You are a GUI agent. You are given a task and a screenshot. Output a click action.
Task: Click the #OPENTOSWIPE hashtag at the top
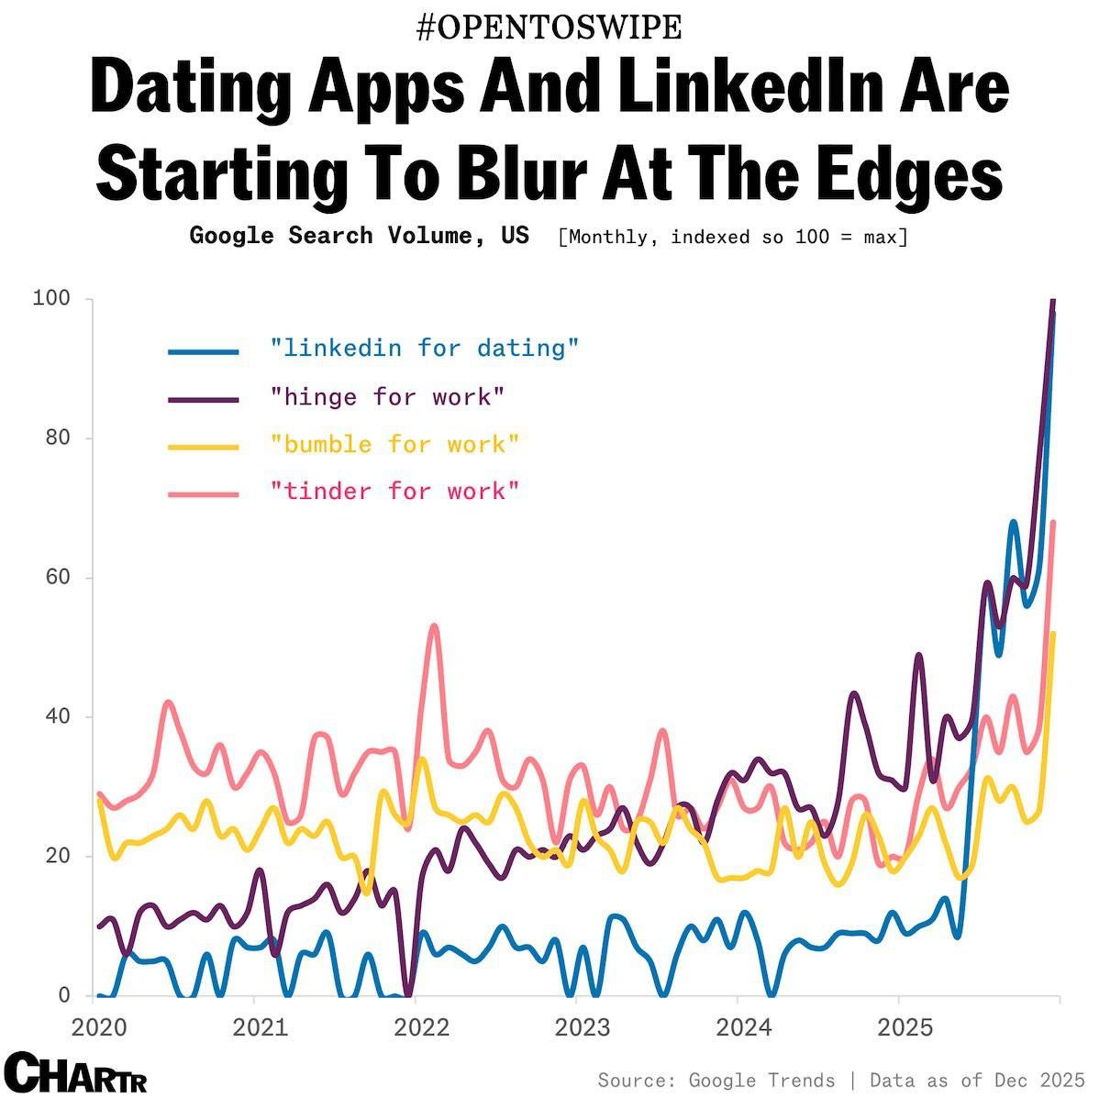pos(549,28)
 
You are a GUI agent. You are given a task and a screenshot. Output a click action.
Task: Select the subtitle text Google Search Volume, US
pos(359,236)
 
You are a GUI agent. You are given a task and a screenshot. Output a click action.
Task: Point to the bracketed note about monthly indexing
pos(732,237)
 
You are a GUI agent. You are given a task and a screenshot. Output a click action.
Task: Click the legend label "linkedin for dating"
pos(425,349)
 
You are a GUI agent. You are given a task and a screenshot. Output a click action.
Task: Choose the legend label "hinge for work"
pos(387,397)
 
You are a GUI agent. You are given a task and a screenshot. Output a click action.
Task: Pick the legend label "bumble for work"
pos(394,445)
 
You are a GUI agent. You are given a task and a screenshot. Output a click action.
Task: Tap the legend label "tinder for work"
pos(394,492)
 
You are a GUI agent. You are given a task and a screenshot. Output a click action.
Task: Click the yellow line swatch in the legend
pos(204,447)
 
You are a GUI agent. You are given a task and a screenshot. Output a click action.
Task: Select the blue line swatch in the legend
pos(204,351)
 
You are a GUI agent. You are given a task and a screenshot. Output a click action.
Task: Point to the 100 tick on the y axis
pos(50,299)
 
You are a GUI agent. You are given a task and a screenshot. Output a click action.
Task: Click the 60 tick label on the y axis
pos(57,578)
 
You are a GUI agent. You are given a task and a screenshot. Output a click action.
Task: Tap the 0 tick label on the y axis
pos(63,995)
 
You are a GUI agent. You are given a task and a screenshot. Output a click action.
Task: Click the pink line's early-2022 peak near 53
pos(434,627)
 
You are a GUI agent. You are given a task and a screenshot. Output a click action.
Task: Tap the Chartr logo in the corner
pos(75,1072)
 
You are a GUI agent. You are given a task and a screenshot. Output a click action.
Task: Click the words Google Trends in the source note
pos(761,1080)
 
